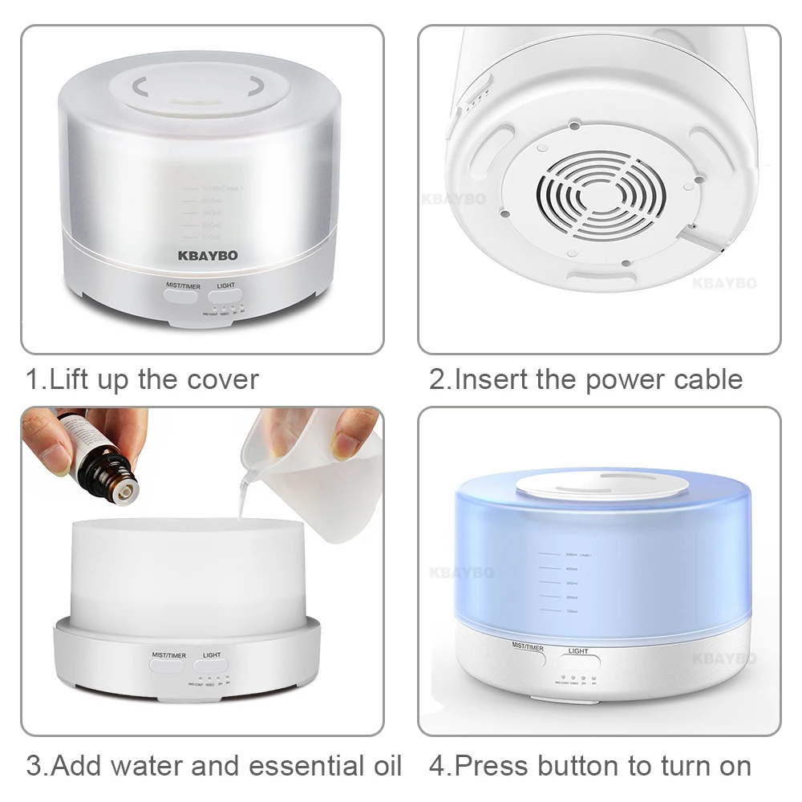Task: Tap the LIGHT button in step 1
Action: pos(226,295)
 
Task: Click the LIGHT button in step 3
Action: pos(212,666)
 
